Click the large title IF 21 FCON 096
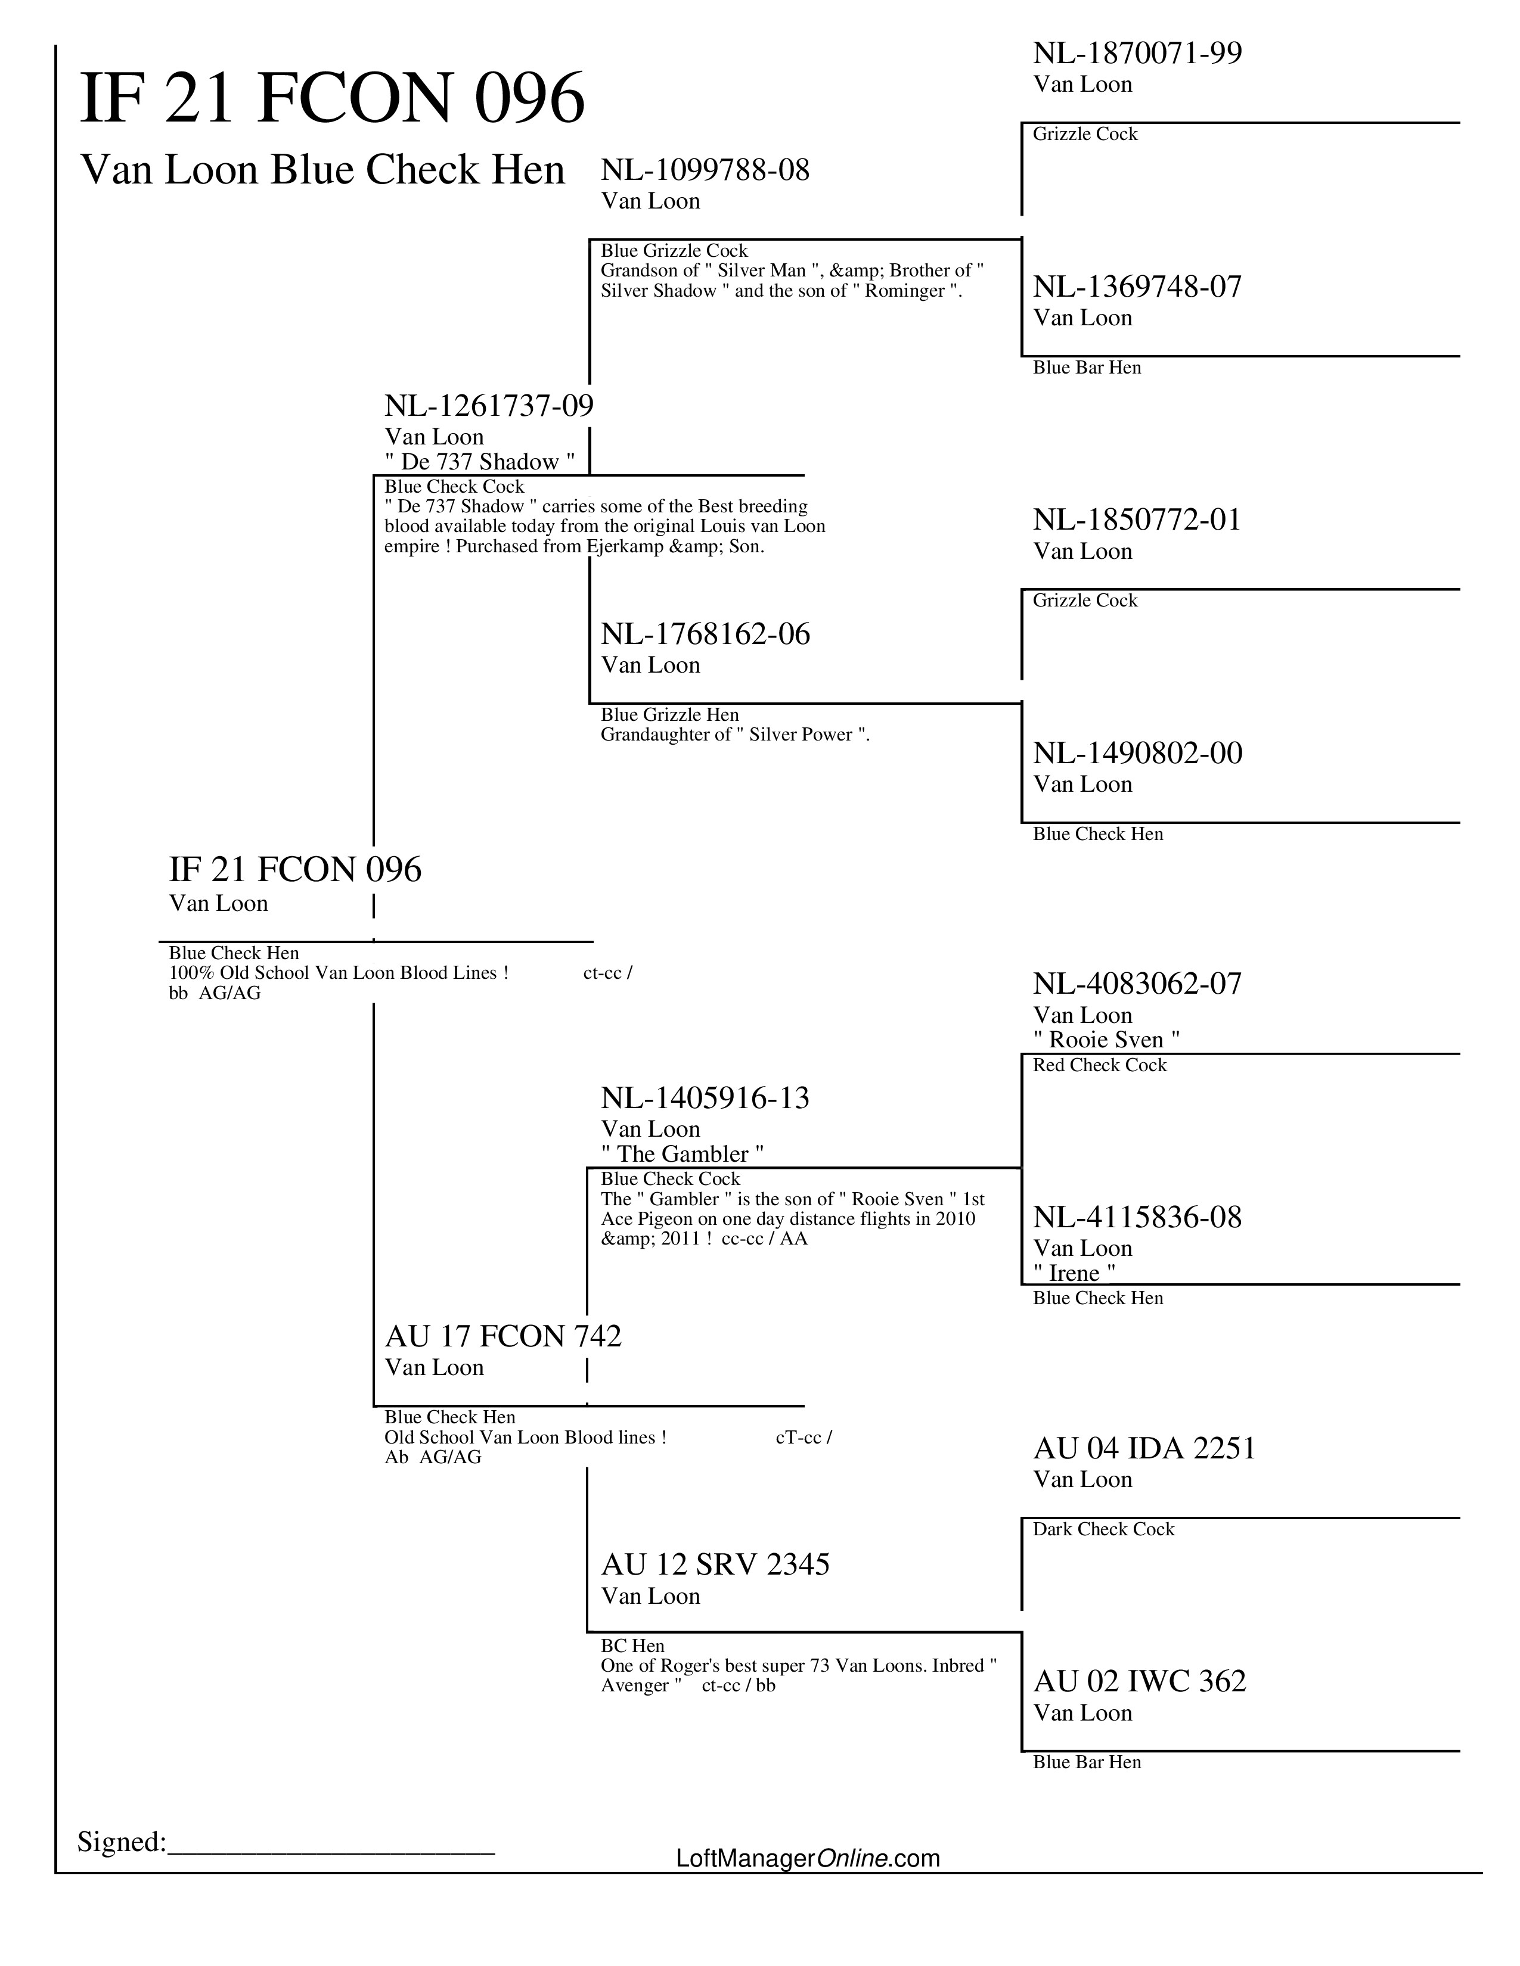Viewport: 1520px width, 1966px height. [332, 98]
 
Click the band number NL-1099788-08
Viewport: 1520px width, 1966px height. [705, 169]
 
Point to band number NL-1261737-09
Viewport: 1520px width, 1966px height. [489, 405]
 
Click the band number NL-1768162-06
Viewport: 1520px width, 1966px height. [705, 634]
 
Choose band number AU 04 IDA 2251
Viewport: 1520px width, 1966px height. [1144, 1448]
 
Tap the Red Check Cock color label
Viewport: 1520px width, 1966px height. [1100, 1066]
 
